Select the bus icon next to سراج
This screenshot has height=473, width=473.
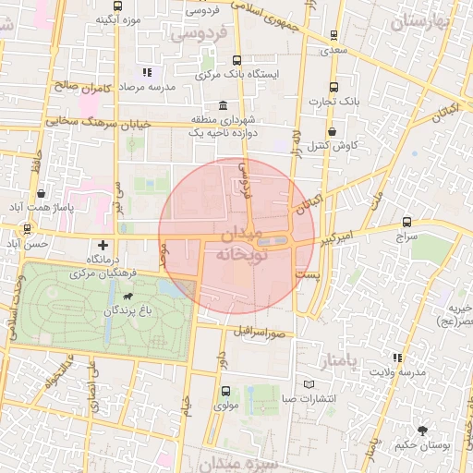[x=407, y=223]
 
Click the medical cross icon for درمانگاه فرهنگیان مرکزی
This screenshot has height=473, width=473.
[x=102, y=246]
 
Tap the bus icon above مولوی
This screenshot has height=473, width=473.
[x=224, y=390]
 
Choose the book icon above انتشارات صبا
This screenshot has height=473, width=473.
[x=309, y=384]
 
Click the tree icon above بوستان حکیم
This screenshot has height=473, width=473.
[x=422, y=430]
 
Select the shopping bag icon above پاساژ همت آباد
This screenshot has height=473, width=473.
[x=42, y=193]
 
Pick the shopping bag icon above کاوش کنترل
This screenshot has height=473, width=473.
[x=331, y=131]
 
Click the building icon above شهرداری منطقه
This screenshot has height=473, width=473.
[x=222, y=105]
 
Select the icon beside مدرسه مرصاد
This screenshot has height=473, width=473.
[x=146, y=72]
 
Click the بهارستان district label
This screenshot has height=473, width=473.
[x=424, y=22]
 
